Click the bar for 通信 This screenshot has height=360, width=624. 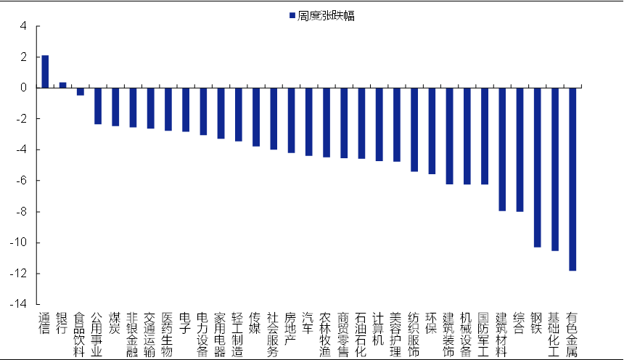coord(45,71)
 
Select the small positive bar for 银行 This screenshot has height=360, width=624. coord(62,85)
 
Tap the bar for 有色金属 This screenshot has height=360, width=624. coord(572,179)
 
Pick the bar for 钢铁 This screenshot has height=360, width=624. coord(538,168)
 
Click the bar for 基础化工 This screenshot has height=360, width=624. coord(555,169)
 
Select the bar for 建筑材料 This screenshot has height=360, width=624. coord(502,149)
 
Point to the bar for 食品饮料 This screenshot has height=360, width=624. coord(80,91)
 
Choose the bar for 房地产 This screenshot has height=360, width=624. coord(291,120)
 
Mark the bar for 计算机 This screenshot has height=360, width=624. coord(379,124)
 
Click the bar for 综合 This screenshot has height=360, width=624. coord(520,150)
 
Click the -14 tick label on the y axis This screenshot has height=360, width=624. coord(20,304)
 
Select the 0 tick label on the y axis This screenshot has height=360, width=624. coord(23,88)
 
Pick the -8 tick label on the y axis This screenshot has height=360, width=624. coord(22,211)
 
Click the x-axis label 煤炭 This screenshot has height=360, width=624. coord(115,323)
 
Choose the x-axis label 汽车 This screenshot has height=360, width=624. coord(308,323)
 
